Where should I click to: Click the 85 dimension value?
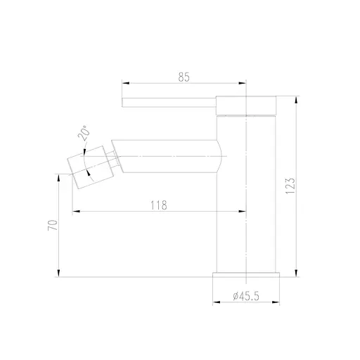[184, 77]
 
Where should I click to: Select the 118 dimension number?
[159, 205]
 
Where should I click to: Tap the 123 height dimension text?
[290, 185]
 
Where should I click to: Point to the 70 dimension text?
[51, 226]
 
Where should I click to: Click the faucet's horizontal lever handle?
[169, 103]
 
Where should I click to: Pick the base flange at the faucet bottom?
[247, 274]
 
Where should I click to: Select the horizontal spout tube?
[169, 154]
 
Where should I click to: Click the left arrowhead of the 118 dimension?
[75, 212]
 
